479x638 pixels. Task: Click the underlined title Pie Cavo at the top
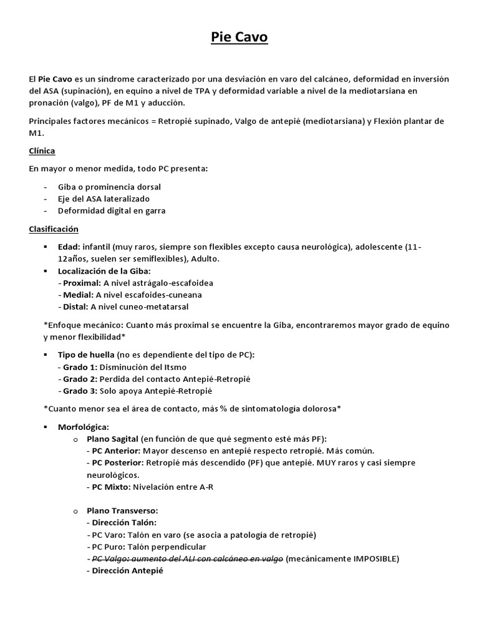[x=239, y=38]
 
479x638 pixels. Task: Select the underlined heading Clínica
[x=42, y=151]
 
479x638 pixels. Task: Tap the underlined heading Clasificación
[x=54, y=229]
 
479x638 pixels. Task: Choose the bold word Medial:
[x=78, y=295]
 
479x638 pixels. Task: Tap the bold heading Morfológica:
[x=83, y=427]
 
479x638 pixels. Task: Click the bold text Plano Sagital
[x=112, y=439]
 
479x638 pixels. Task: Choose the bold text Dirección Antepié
[x=124, y=570]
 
